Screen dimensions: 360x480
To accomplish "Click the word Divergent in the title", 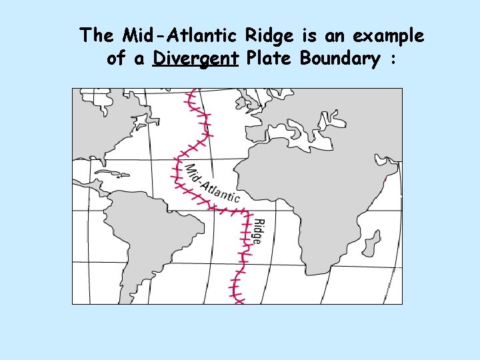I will click(195, 59).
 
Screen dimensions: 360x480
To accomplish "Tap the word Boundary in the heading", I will click(340, 59).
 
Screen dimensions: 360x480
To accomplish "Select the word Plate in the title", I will click(269, 59).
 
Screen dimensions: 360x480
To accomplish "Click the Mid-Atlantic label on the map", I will click(211, 182).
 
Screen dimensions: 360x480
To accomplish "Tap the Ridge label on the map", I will click(258, 231).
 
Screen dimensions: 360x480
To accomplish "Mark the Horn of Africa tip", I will click(385, 179).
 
